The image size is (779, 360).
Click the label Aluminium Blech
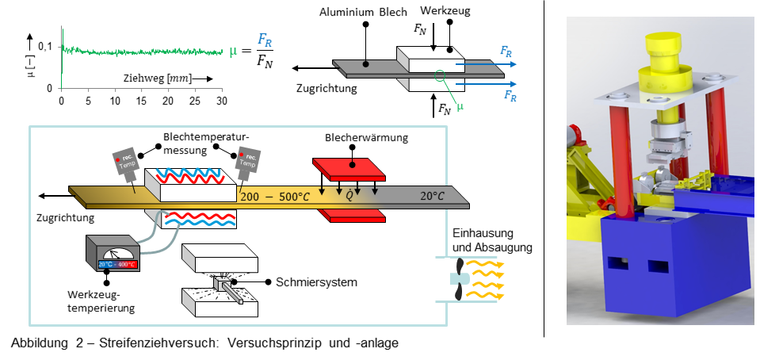click(362, 13)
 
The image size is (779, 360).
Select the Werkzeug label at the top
click(445, 13)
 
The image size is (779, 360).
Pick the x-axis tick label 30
click(221, 101)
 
